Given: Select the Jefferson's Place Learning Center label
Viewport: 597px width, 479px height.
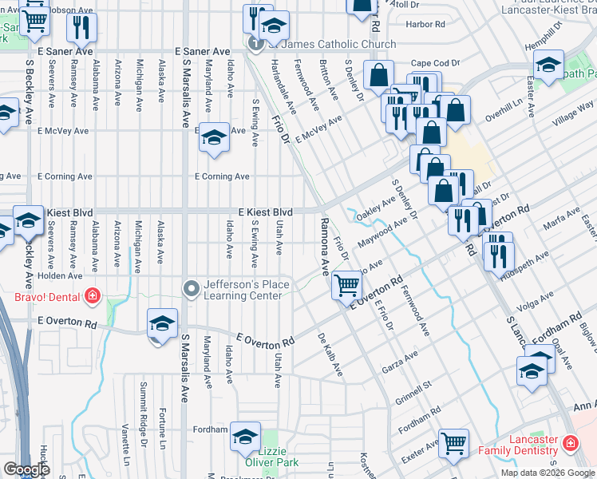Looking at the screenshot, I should pos(243,288).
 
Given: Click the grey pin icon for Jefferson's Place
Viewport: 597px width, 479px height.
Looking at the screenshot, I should pos(191,288).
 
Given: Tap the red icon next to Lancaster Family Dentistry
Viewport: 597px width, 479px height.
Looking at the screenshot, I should pos(571,442).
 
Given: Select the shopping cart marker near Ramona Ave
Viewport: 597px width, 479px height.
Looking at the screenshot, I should pos(348,285).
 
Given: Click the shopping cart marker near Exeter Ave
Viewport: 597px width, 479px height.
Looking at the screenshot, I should pos(454,443).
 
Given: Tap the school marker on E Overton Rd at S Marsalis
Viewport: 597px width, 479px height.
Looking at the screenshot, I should pos(162,324).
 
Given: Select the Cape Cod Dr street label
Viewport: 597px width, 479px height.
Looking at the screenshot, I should pos(436,63).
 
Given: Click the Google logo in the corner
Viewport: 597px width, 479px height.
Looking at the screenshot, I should pos(27,469).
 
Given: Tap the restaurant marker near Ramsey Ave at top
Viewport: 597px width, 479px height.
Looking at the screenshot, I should pos(81,29).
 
